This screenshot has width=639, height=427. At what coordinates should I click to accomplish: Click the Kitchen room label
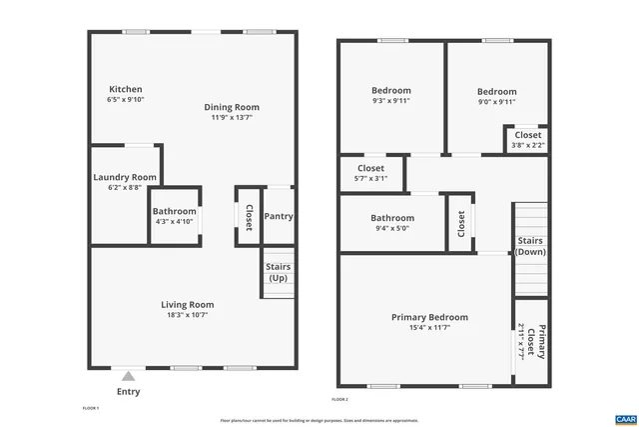click(x=125, y=89)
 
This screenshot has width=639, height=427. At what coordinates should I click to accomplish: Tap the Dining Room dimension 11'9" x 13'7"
click(x=232, y=118)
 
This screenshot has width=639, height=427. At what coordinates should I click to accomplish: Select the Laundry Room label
click(x=125, y=177)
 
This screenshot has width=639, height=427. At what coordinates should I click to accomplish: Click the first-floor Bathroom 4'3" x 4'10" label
click(x=174, y=211)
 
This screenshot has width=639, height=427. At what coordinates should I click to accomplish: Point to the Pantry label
click(x=279, y=216)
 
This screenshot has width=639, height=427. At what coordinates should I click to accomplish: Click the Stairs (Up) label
click(x=279, y=271)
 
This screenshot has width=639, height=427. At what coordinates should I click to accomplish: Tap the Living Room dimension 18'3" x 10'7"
click(x=188, y=315)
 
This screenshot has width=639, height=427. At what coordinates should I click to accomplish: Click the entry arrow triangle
click(x=128, y=377)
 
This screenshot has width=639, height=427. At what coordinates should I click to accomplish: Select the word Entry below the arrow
click(x=128, y=392)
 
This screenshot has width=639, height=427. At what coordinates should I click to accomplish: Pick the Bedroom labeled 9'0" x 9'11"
click(x=496, y=91)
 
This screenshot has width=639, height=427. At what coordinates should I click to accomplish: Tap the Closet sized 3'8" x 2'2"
click(x=527, y=135)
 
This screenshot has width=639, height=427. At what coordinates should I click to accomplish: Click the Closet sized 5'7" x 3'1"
click(x=370, y=169)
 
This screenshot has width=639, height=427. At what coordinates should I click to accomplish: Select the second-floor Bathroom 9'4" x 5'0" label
click(x=391, y=218)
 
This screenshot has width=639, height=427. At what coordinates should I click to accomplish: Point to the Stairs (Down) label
click(x=530, y=246)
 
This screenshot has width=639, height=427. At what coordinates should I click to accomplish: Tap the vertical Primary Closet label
click(x=530, y=341)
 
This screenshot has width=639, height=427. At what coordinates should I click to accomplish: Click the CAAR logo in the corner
click(x=626, y=417)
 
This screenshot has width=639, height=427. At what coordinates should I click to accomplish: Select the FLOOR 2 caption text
click(x=339, y=399)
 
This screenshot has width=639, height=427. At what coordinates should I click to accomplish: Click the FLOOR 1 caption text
click(x=91, y=409)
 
